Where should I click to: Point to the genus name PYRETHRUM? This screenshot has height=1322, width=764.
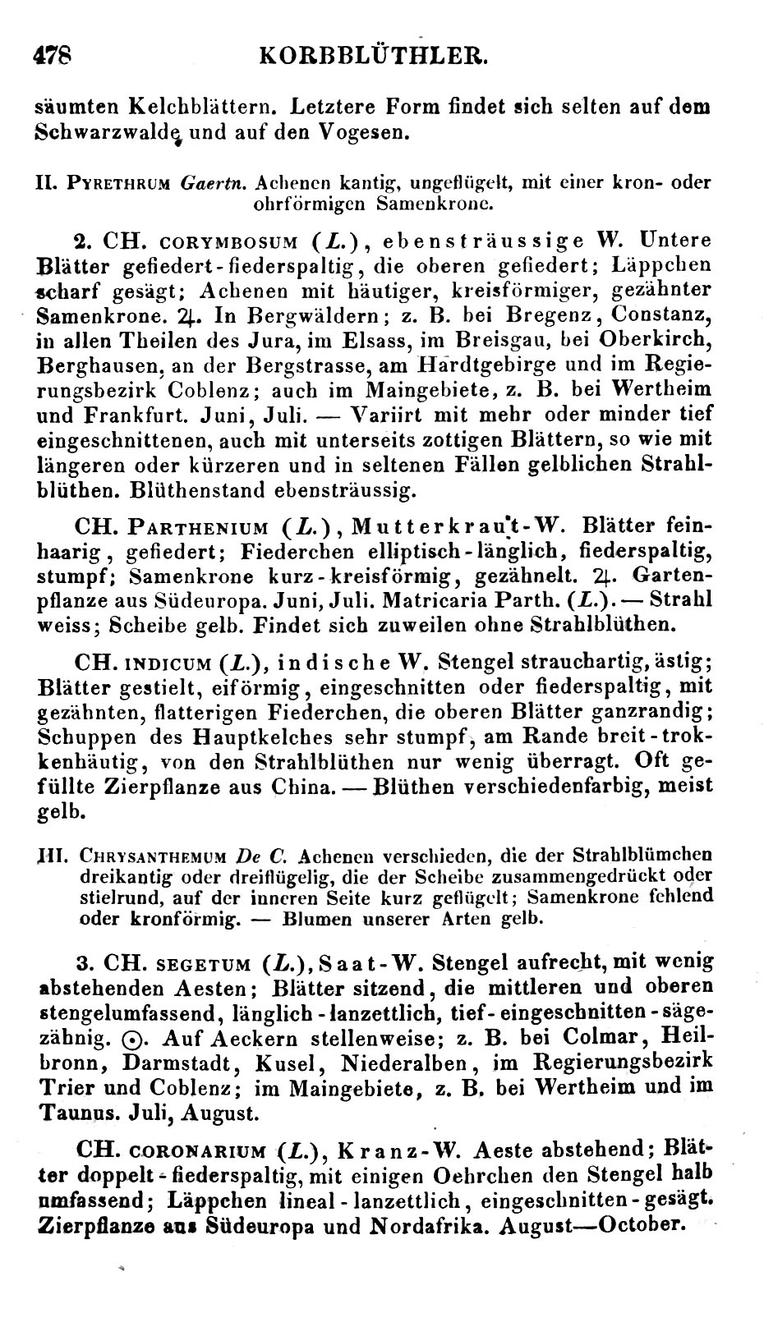(x=122, y=183)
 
